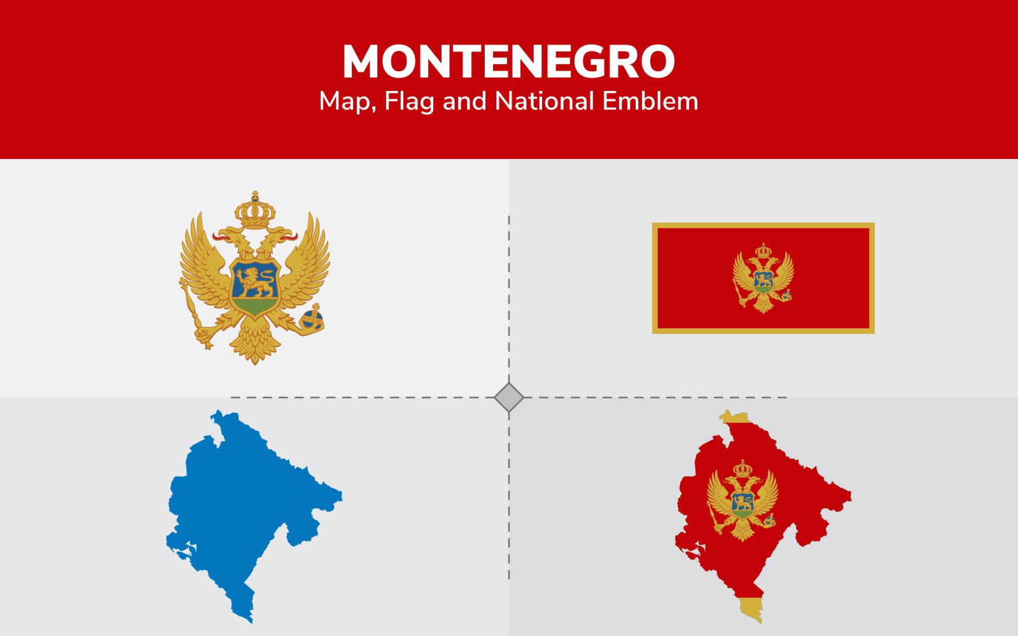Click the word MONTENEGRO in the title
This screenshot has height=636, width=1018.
point(508,61)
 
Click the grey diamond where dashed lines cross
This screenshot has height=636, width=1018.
point(508,397)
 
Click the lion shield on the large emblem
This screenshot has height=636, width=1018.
point(254,287)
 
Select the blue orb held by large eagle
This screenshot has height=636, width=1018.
point(312,317)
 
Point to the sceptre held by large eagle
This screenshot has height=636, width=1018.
point(195,314)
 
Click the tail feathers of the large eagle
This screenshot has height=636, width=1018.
point(254,341)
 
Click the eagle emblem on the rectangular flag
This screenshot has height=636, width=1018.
point(763,278)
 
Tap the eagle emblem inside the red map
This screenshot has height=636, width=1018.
point(743,501)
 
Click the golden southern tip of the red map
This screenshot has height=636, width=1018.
point(751,609)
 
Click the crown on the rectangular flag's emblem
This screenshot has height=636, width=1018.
point(763,251)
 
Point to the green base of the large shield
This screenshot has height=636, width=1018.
point(254,306)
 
